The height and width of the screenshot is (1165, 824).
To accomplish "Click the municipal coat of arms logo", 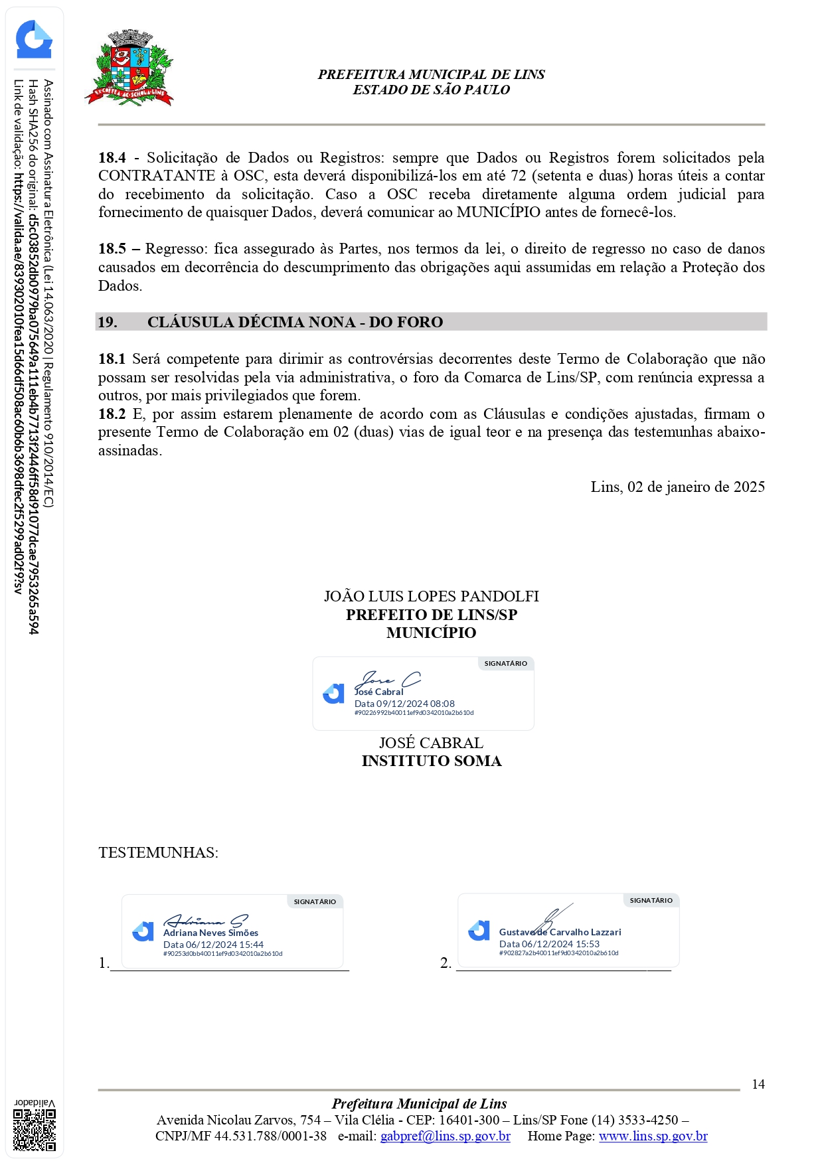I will pyautogui.click(x=129, y=68).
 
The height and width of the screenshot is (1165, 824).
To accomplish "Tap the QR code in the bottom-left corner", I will pyautogui.click(x=35, y=1130).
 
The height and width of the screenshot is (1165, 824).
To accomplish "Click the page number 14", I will pyautogui.click(x=758, y=1084).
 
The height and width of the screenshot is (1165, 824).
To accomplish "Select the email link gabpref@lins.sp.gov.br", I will pyautogui.click(x=445, y=1136).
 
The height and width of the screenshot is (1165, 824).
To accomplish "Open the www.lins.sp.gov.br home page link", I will pyautogui.click(x=653, y=1136).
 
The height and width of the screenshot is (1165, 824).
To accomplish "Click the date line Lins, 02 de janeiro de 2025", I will pyautogui.click(x=677, y=487).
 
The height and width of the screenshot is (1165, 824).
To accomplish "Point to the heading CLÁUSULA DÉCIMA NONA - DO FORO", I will pyautogui.click(x=295, y=322).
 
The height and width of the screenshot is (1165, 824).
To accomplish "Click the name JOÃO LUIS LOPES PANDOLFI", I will pyautogui.click(x=431, y=596).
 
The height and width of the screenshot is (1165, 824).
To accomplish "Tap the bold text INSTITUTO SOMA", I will pyautogui.click(x=431, y=761).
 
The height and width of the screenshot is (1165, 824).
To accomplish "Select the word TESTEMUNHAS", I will pyautogui.click(x=157, y=852).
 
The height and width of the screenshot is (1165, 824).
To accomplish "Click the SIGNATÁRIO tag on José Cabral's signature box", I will pyautogui.click(x=505, y=663).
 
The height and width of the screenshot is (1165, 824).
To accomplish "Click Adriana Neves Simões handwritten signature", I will pyautogui.click(x=205, y=921).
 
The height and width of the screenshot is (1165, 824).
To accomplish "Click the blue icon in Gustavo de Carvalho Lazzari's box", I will pyautogui.click(x=479, y=931).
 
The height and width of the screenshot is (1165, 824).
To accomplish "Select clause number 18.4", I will pyautogui.click(x=112, y=158).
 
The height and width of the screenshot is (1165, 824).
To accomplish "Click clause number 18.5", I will pyautogui.click(x=112, y=249).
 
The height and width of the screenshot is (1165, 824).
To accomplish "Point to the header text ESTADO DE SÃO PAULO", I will pyautogui.click(x=431, y=90).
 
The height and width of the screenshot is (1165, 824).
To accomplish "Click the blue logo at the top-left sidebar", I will pyautogui.click(x=34, y=40).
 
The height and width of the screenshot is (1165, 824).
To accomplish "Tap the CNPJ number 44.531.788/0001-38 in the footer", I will pyautogui.click(x=270, y=1136).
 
